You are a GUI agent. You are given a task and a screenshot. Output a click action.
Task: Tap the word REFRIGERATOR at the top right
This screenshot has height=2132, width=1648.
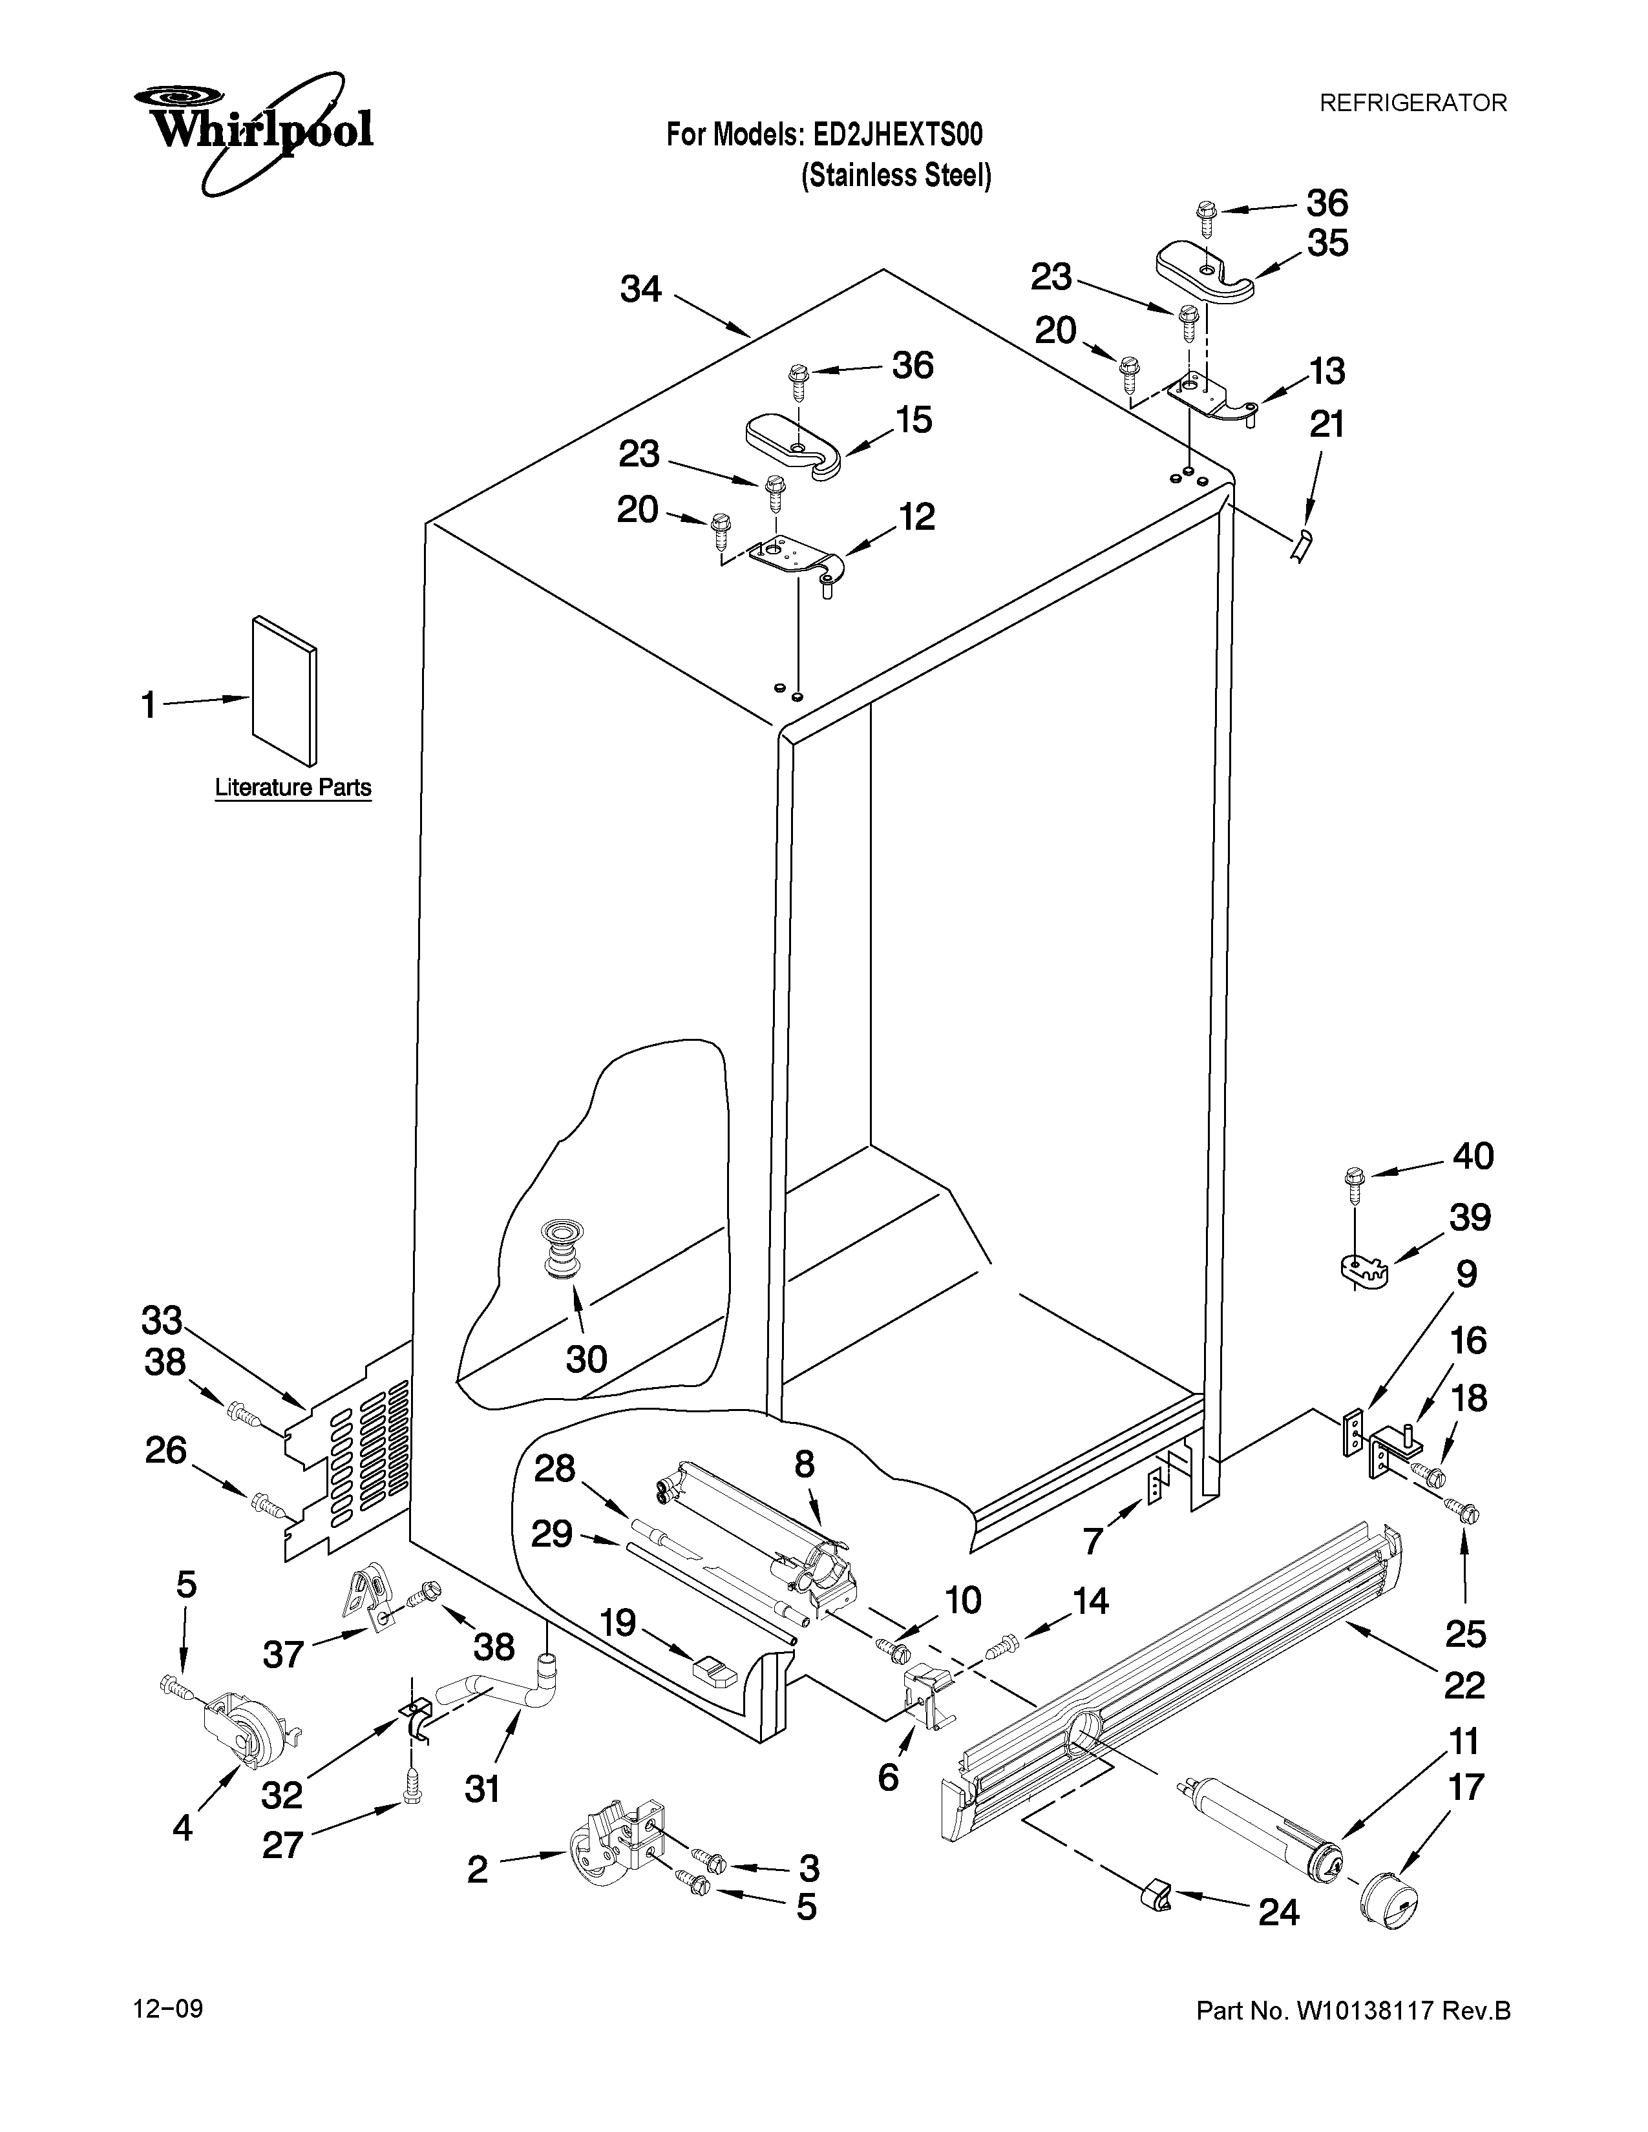pos(1413,103)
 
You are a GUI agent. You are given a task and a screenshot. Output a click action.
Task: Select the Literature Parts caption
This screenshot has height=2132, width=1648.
pos(293,788)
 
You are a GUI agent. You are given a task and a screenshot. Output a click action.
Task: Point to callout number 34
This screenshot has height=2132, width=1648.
pos(642,290)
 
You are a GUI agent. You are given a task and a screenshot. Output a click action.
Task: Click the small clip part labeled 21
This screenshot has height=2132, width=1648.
pos(1302,549)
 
